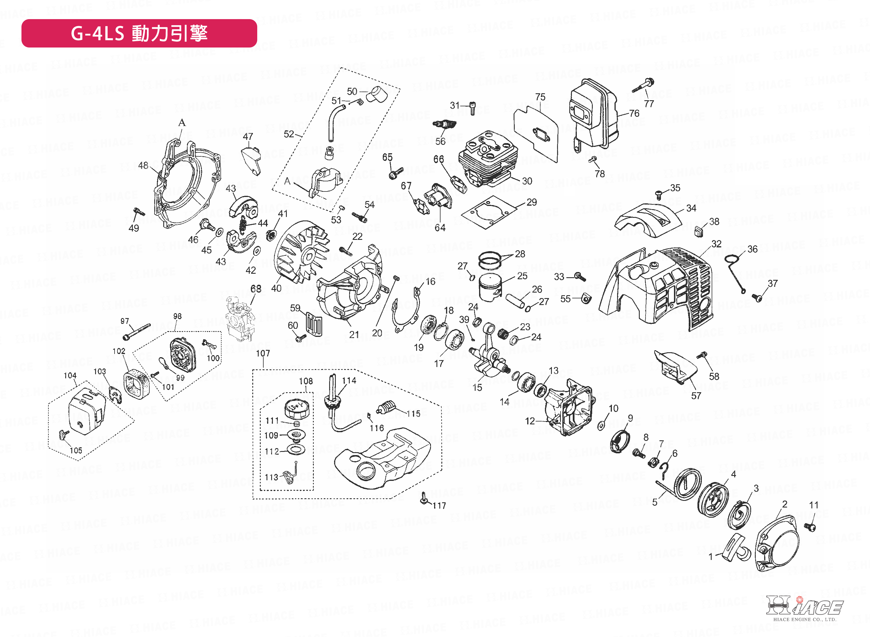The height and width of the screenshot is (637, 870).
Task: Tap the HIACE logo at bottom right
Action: tap(804, 607)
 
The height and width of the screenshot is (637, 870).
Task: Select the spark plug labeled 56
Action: tap(444, 125)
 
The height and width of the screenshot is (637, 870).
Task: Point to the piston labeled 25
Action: tap(490, 288)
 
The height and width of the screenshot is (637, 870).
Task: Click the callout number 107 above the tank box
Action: tap(263, 353)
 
